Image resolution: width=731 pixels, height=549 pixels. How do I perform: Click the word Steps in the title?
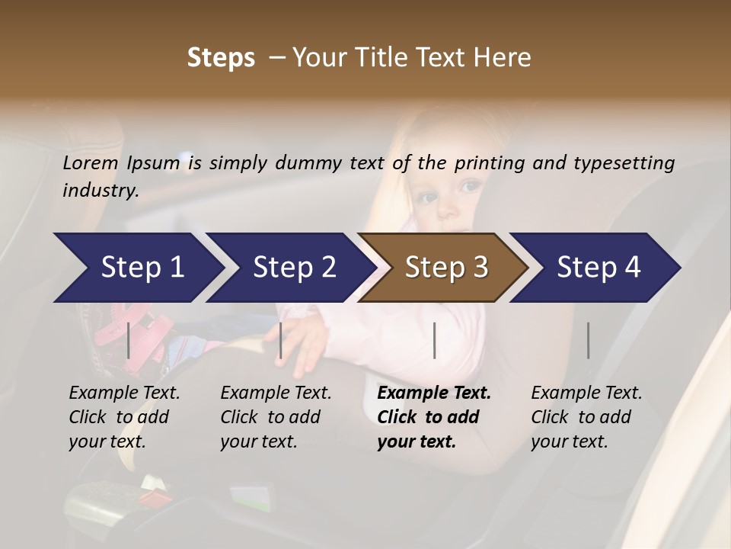(221, 57)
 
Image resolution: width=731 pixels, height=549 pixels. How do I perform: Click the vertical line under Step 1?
(129, 340)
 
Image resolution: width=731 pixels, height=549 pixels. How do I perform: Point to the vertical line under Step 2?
(281, 340)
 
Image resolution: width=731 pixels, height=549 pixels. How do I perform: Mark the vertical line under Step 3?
(434, 340)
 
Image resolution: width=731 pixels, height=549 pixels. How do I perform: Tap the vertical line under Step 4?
(588, 340)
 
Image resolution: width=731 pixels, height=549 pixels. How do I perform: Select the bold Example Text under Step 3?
(434, 417)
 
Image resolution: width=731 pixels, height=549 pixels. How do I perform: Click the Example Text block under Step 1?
(124, 417)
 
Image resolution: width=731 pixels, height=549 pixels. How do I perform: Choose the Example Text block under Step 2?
(276, 417)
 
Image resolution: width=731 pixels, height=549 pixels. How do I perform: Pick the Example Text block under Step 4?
(586, 417)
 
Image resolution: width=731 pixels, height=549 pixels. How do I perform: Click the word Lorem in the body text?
(91, 162)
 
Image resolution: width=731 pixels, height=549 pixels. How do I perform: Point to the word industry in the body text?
(101, 190)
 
